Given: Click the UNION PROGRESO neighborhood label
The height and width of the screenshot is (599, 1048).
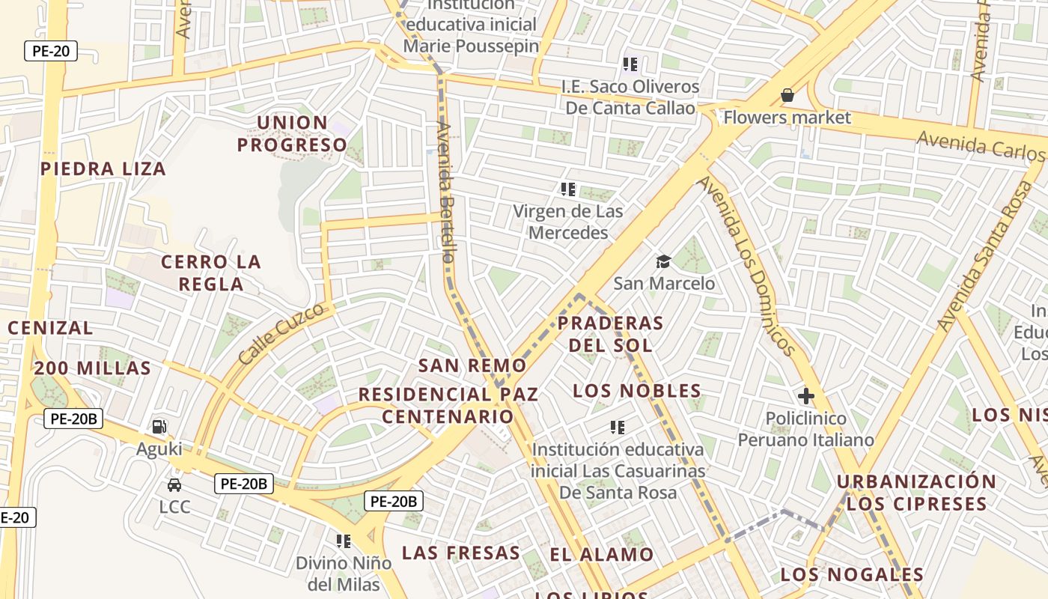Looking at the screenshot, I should click(293, 133).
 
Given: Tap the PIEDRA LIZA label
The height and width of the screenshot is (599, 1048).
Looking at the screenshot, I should click(103, 168).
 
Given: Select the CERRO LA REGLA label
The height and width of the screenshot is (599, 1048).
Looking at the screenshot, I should click(211, 273).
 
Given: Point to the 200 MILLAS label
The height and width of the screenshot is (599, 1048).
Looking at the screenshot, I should click(93, 368).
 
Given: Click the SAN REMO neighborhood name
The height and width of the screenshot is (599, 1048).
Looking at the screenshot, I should click(472, 365).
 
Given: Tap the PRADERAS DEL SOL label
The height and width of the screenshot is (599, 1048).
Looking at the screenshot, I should click(610, 334).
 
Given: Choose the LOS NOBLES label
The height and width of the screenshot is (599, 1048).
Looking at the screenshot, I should click(637, 391).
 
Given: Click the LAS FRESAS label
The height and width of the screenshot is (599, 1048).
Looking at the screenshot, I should click(460, 553).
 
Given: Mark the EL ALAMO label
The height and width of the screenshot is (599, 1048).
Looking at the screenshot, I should click(602, 555).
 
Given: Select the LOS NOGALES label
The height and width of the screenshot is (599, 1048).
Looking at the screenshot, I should click(852, 575).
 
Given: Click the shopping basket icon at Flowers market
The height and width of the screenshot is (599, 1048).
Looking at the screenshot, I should click(787, 95).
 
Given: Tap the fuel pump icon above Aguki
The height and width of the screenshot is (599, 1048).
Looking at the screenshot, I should click(159, 427).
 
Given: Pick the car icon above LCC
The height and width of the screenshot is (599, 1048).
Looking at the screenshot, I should click(174, 484).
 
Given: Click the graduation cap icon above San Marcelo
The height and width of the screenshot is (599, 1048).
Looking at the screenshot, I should click(663, 261).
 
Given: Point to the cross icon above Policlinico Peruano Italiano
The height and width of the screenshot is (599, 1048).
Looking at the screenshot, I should click(805, 395).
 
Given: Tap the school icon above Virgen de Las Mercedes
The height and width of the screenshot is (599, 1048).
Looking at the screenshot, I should click(568, 189).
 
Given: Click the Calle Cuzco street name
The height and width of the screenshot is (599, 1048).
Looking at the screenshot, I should click(281, 333).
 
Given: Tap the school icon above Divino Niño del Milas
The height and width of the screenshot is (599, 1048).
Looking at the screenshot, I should click(344, 541).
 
